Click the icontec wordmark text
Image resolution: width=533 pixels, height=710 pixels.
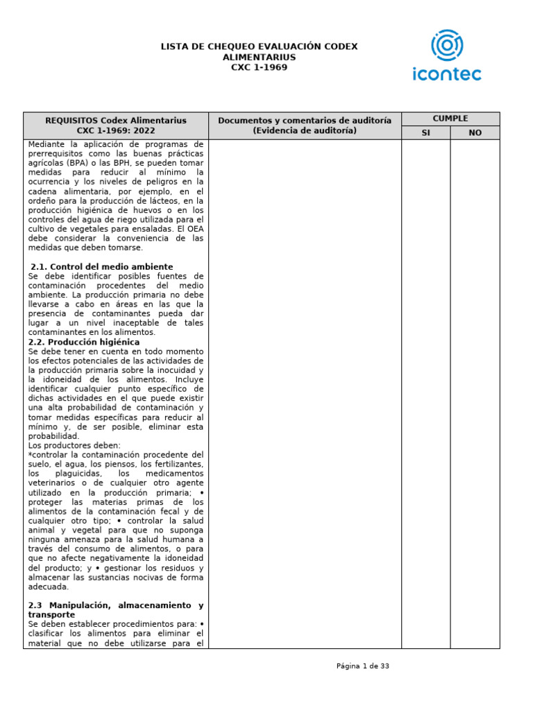(x=446, y=73)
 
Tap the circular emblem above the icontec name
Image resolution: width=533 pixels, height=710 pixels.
(x=446, y=45)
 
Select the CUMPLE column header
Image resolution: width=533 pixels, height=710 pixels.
(x=450, y=119)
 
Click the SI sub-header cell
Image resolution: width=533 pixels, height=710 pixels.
(x=426, y=132)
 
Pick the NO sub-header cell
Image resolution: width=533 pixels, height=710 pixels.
(x=475, y=132)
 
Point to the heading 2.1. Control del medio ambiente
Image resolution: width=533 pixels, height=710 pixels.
(x=102, y=266)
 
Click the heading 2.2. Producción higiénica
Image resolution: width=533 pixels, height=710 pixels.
(x=84, y=342)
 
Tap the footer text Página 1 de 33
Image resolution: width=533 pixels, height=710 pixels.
(x=363, y=666)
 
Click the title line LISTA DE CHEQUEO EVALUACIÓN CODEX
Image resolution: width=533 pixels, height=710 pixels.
(x=259, y=46)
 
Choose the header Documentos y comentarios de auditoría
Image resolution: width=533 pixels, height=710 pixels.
(x=305, y=121)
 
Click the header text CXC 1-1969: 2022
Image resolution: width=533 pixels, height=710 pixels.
(x=116, y=130)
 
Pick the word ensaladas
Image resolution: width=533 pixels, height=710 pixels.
(x=153, y=229)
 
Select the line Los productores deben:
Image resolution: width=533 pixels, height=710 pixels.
(x=74, y=445)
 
